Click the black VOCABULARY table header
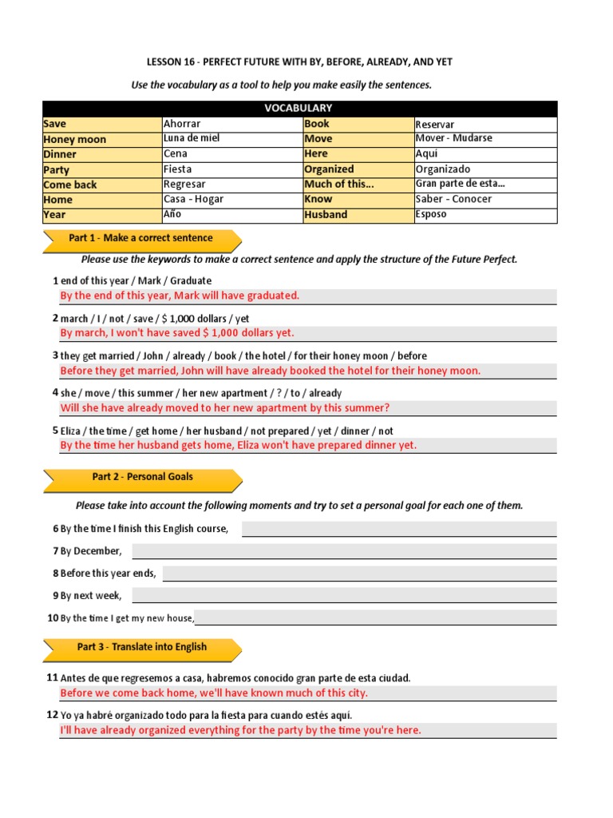pyautogui.click(x=299, y=108)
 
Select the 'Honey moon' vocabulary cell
pyautogui.click(x=101, y=139)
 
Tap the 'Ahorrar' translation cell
pyautogui.click(x=231, y=124)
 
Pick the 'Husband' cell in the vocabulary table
pyautogui.click(x=358, y=214)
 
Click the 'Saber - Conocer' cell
pyautogui.click(x=485, y=199)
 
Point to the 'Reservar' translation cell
pyautogui.click(x=485, y=125)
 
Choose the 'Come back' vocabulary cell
pyautogui.click(x=101, y=185)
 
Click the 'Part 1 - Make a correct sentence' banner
pyautogui.click(x=141, y=238)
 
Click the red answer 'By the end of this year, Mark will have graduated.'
pyautogui.click(x=180, y=296)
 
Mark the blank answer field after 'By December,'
pyautogui.click(x=343, y=551)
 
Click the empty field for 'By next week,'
pyautogui.click(x=343, y=595)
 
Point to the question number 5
pyautogui.click(x=55, y=431)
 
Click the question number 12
pyautogui.click(x=53, y=715)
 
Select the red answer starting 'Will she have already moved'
pyautogui.click(x=225, y=408)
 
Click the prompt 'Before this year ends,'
pyautogui.click(x=109, y=574)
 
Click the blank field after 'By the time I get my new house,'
pyautogui.click(x=375, y=617)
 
